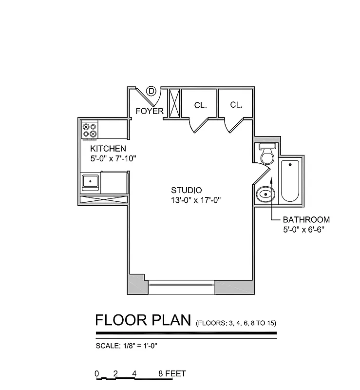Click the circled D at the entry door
[151, 91]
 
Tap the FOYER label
[150, 111]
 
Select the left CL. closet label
[200, 105]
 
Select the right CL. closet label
[236, 105]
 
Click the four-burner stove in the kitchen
[90, 130]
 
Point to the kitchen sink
[90, 182]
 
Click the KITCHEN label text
[108, 149]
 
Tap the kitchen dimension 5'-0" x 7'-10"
[113, 158]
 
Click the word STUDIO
[186, 190]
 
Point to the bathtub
[290, 180]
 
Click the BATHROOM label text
[306, 220]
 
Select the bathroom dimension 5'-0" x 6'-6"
[303, 229]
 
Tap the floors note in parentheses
[236, 323]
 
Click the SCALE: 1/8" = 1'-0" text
[126, 346]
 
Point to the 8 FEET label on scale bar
[172, 374]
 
